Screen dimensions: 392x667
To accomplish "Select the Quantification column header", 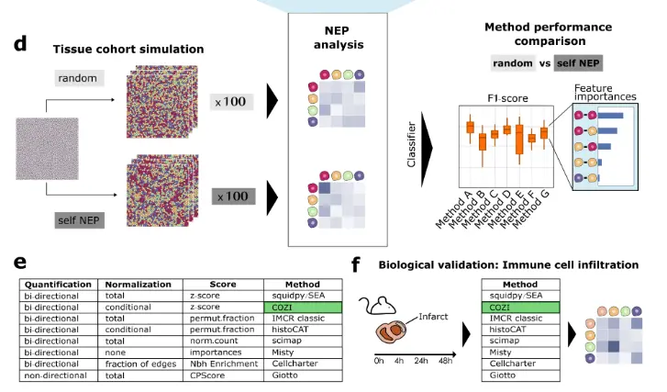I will pos(59,285).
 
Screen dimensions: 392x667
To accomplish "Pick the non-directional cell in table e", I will pos(57,375).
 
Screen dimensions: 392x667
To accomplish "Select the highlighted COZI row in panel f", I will pos(520,307).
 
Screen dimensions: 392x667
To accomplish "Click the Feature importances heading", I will pos(606,95).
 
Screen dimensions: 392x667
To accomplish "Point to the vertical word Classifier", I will pos(413,147).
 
